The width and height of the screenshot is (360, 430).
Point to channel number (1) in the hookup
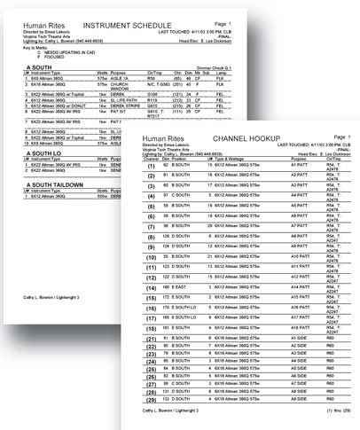coord(152,165)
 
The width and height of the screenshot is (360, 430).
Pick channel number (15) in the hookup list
coord(152,285)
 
